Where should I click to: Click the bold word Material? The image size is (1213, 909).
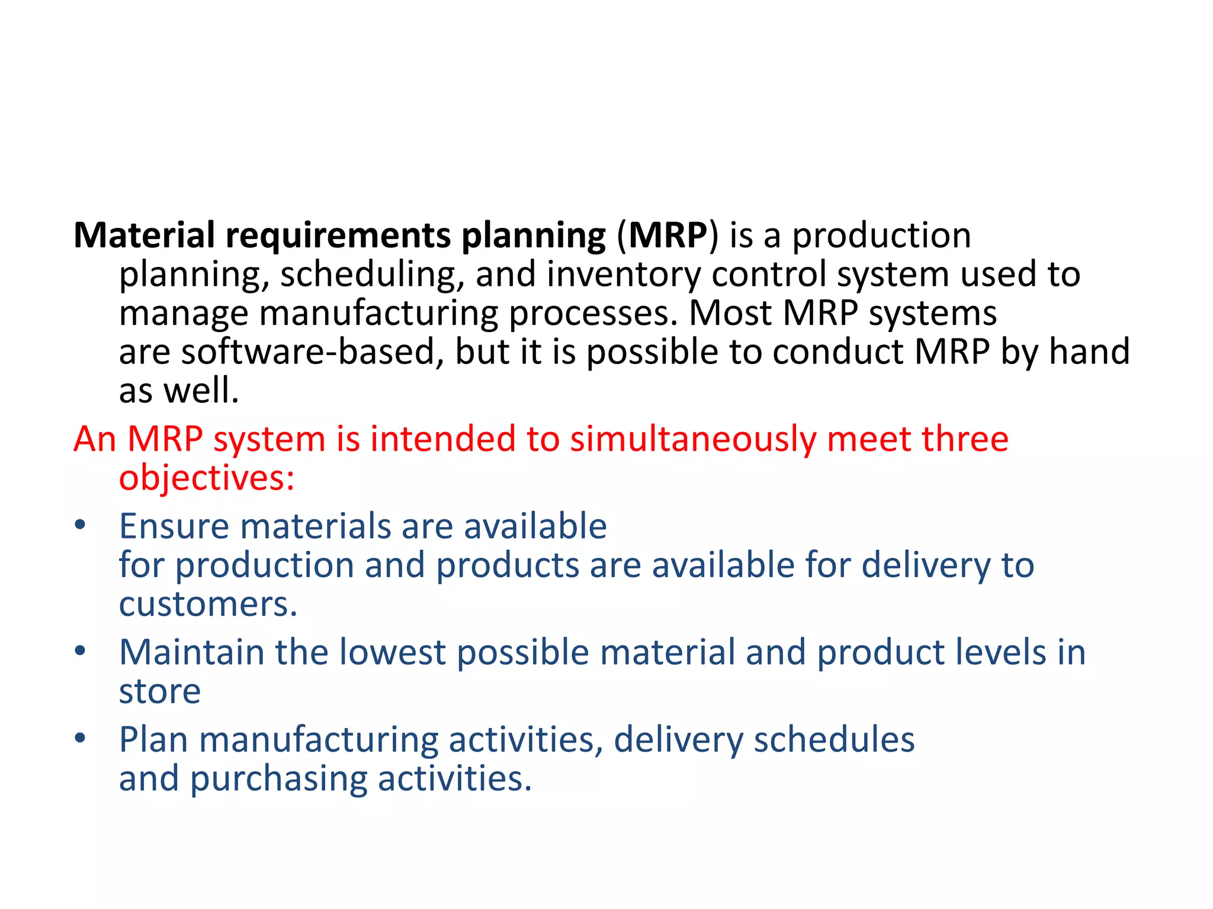pyautogui.click(x=144, y=236)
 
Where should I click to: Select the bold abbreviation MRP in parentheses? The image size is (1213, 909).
pyautogui.click(x=668, y=236)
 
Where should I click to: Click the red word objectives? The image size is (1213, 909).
pyautogui.click(x=207, y=478)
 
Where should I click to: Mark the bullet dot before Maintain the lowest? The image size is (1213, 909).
pyautogui.click(x=81, y=652)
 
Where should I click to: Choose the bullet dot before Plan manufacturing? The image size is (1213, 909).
pyautogui.click(x=81, y=739)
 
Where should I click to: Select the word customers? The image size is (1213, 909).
pyautogui.click(x=208, y=604)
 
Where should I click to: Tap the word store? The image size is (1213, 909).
pyautogui.click(x=160, y=691)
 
